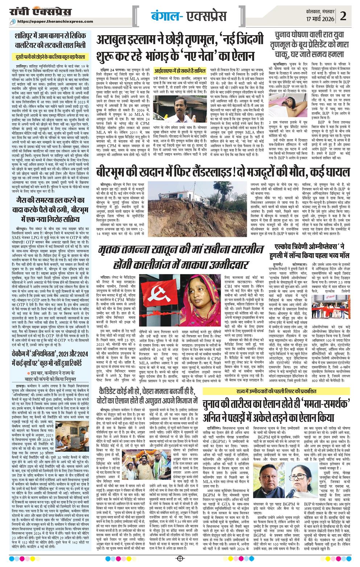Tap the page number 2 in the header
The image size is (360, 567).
click(343, 16)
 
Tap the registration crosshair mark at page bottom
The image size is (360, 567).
click(179, 559)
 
